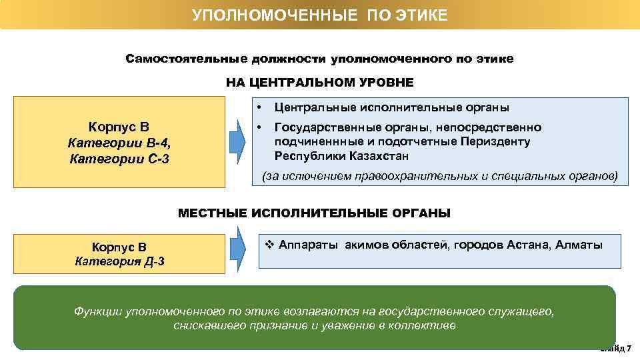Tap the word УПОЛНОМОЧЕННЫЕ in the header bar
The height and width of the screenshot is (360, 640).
coord(276,15)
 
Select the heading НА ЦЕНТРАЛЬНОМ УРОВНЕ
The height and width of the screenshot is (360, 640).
coord(319,83)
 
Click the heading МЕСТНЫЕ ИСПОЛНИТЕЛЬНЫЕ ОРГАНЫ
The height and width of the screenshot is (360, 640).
coord(314,213)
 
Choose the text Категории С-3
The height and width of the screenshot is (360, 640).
coord(119,158)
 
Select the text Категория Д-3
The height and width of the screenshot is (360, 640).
coord(120,261)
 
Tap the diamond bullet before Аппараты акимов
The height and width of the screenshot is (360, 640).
coord(269,245)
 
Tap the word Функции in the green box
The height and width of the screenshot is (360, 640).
coord(98,311)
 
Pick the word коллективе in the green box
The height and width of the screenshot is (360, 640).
coord(427,326)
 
